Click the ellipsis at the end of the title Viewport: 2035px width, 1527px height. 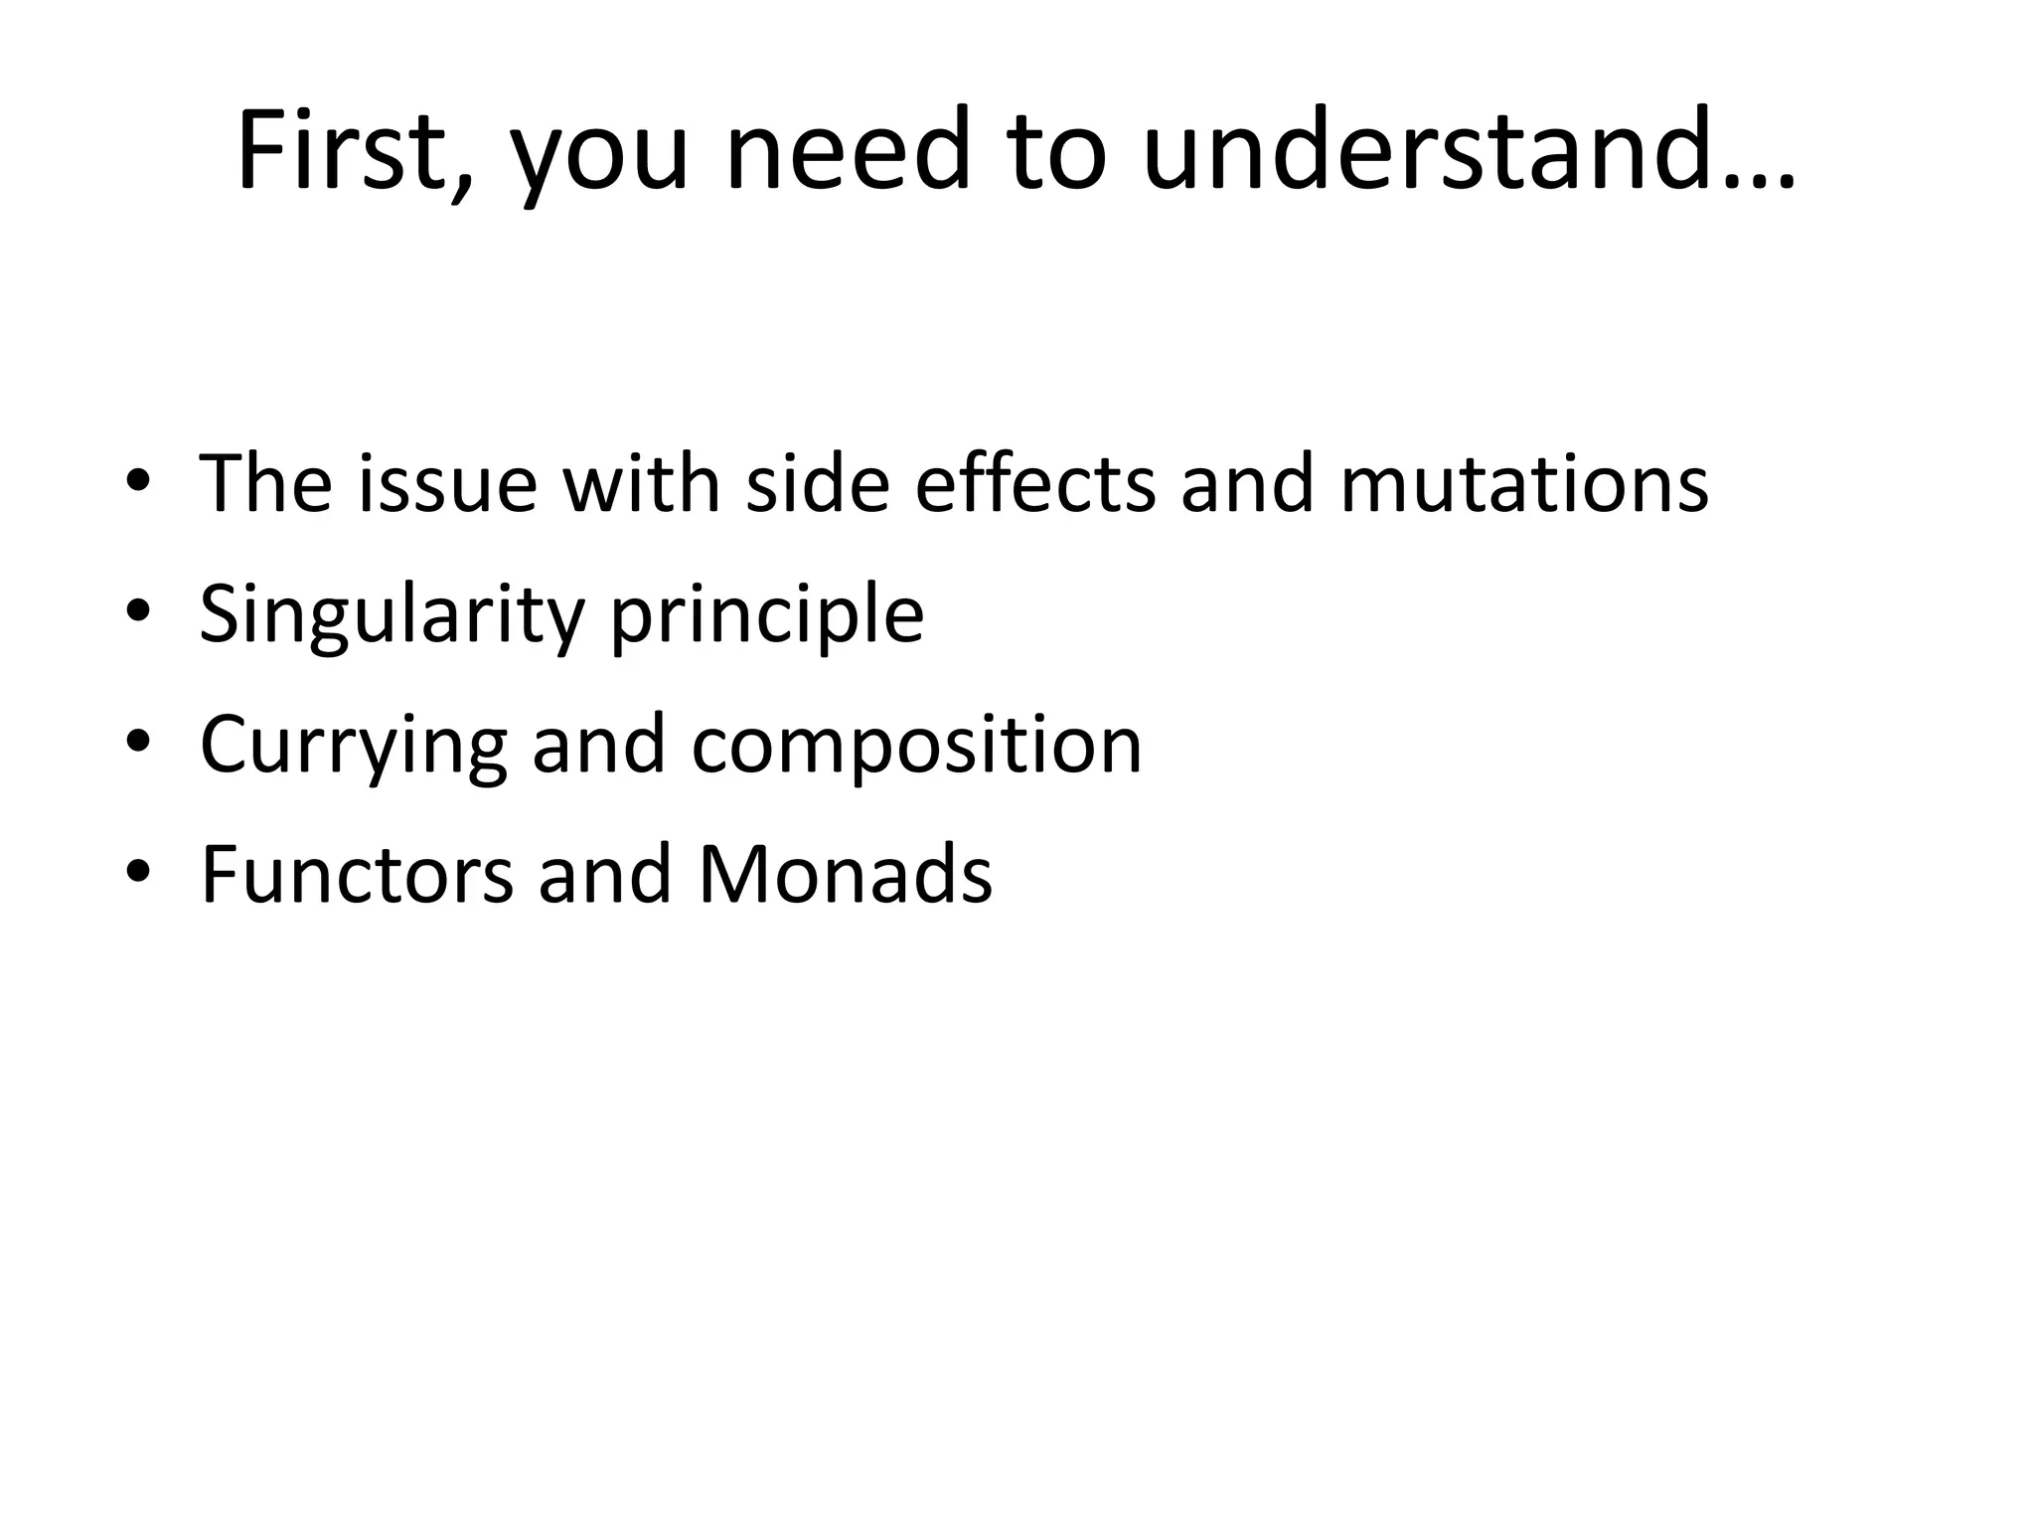1761,179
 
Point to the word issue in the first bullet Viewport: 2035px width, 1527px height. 447,483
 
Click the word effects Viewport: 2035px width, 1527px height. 1034,483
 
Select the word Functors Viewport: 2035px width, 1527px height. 357,875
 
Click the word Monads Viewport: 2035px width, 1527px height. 845,875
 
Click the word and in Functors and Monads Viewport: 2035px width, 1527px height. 605,875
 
